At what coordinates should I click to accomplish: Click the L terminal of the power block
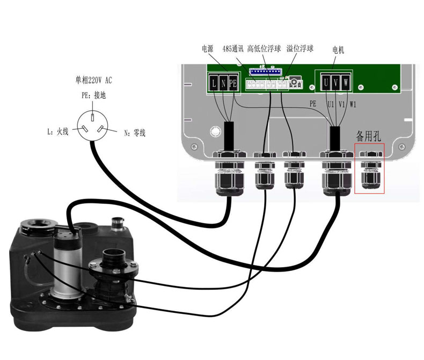click(213, 83)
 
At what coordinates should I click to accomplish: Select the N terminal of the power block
click(223, 83)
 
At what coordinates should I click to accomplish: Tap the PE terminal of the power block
click(232, 83)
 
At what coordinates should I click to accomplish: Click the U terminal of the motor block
click(325, 83)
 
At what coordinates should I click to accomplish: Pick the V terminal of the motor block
click(335, 83)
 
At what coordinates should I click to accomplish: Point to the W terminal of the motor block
click(346, 83)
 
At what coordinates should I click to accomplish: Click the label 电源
click(207, 49)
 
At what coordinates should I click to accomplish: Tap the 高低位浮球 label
click(264, 49)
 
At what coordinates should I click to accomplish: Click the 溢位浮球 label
click(300, 49)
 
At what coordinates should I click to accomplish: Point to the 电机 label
click(338, 50)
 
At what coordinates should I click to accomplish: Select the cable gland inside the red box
click(370, 171)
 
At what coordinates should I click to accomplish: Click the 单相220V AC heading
click(93, 80)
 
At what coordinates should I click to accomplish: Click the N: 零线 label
click(134, 133)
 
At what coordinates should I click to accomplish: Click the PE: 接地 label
click(93, 95)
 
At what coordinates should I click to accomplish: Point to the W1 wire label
click(353, 104)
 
